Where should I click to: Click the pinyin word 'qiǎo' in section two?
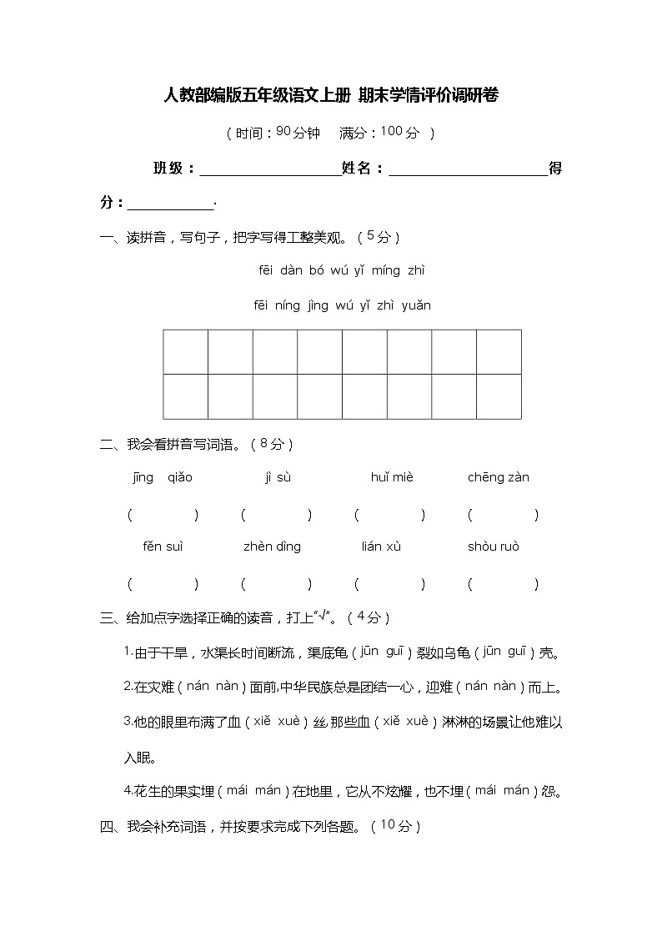180,478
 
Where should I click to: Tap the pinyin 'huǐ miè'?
392,478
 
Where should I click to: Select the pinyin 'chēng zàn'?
499,478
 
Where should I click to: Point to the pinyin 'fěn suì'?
163,547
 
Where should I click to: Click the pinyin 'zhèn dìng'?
272,547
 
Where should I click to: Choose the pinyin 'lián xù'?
381,547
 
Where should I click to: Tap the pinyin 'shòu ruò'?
494,547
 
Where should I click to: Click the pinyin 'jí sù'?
278,478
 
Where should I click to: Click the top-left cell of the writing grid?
185,352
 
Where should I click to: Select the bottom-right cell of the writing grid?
499,396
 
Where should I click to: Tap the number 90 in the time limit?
283,131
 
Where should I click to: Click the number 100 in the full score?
391,131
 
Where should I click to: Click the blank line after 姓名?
468,170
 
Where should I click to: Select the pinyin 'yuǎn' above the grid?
416,305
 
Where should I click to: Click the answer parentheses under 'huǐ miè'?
389,515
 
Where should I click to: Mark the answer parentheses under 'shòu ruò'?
503,584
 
